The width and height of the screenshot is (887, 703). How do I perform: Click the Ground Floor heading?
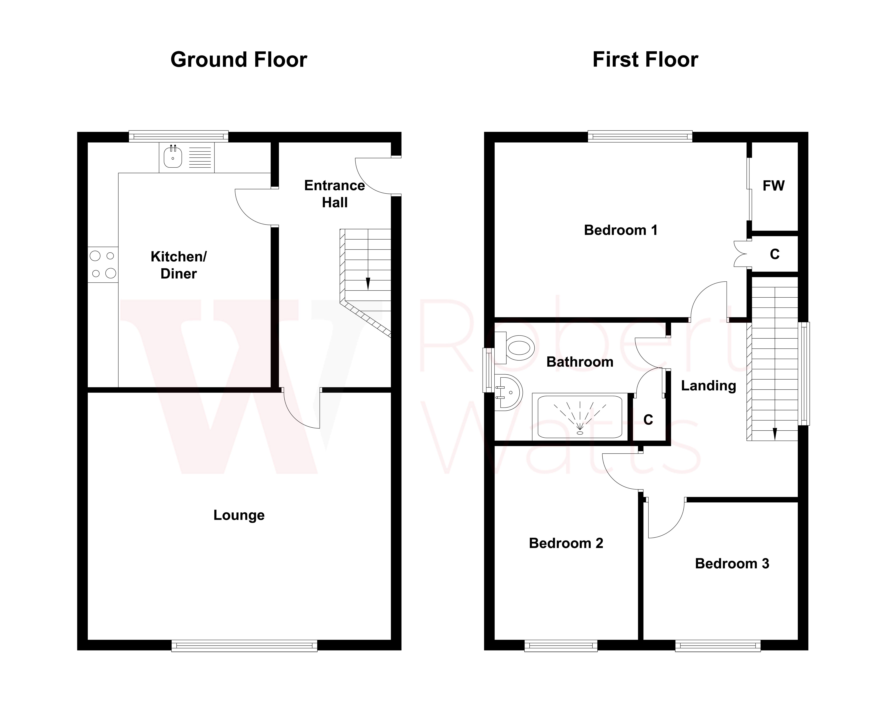coord(239,60)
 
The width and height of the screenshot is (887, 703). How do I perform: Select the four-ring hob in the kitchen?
coord(103,264)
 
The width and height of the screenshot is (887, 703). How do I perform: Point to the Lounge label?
coord(239,515)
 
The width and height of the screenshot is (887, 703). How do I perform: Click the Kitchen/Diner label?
coord(178,265)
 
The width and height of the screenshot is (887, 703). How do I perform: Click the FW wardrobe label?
coord(773,186)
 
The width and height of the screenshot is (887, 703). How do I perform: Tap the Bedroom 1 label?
coord(620,230)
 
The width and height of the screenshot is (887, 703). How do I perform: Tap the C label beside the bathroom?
coord(648,420)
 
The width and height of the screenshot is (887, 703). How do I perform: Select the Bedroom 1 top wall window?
coord(640,136)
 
